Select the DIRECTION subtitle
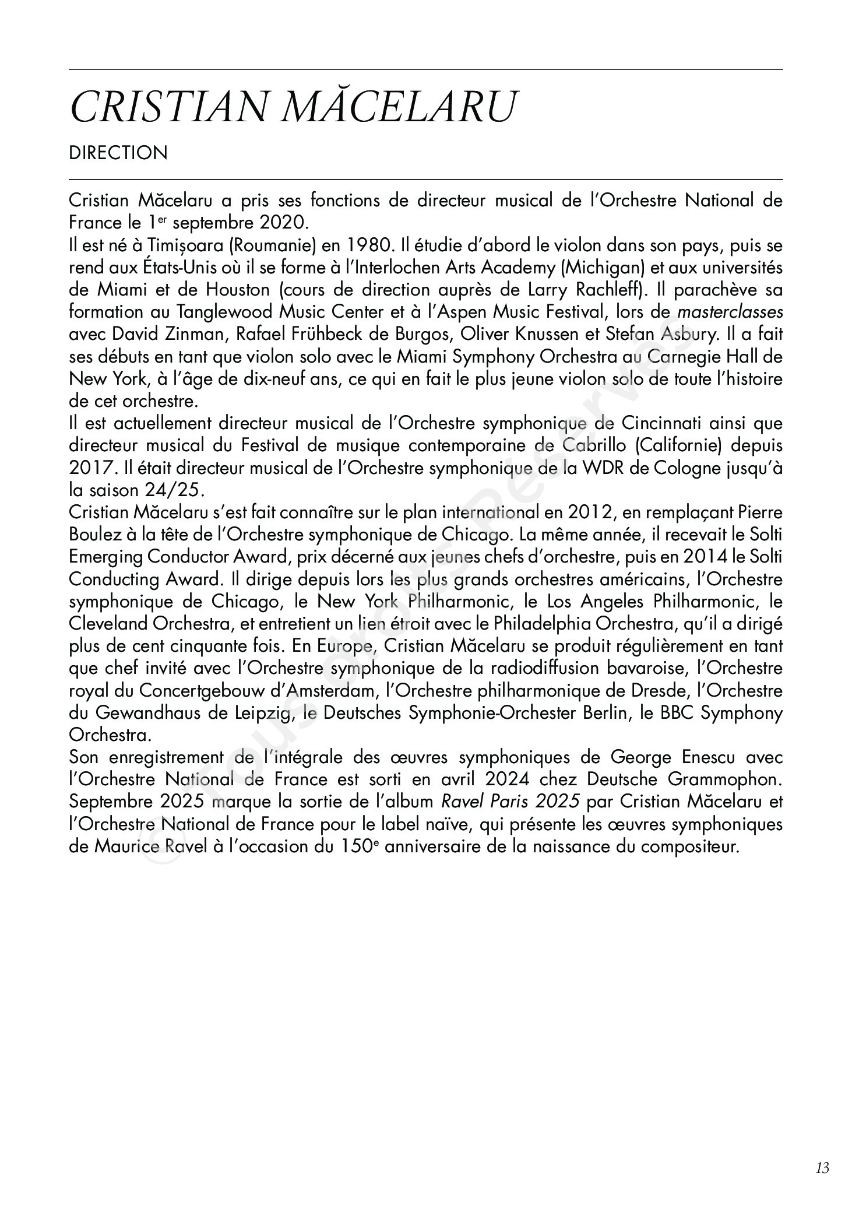[118, 153]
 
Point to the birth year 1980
[356, 245]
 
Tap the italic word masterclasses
[730, 312]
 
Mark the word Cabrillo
[596, 445]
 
